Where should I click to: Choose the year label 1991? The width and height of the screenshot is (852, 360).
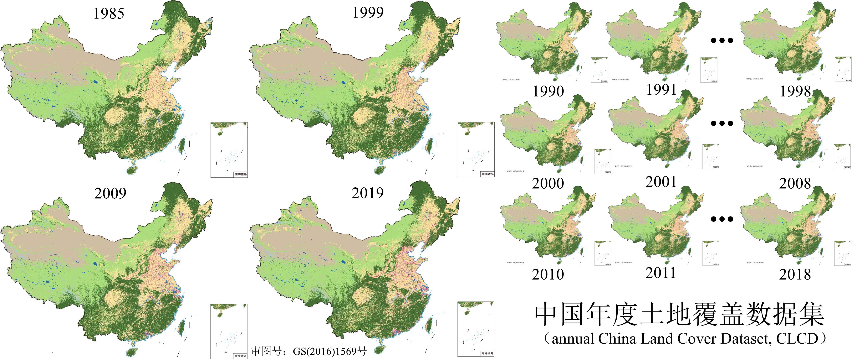661,90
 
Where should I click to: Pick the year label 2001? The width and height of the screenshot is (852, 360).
661,182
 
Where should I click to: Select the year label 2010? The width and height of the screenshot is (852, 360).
548,274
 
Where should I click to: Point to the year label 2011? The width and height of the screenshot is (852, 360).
661,273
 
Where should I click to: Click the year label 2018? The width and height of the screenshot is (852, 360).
795,274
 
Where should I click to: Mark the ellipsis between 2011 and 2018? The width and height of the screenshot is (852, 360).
722,219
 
